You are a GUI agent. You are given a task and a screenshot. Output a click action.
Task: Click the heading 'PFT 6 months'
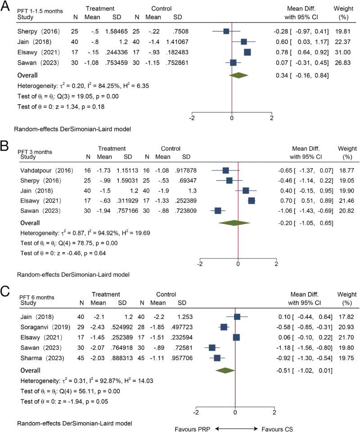[38, 298]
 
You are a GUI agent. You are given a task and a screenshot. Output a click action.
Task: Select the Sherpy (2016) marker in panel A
[226, 31]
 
